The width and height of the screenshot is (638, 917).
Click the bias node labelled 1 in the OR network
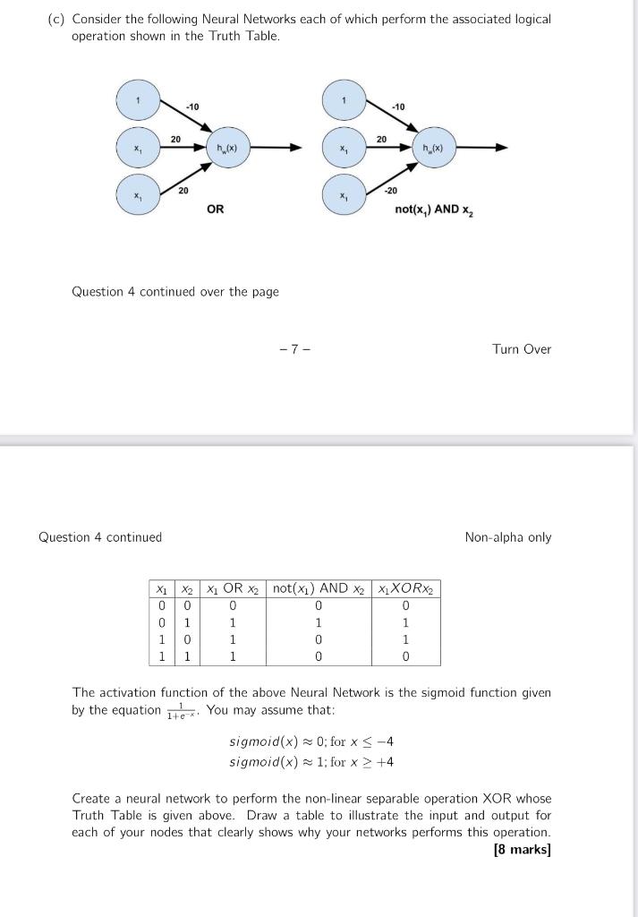click(138, 100)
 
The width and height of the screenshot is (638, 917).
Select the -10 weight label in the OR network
click(191, 107)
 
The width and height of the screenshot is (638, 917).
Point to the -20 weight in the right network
click(391, 191)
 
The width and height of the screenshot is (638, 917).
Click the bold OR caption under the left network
click(216, 210)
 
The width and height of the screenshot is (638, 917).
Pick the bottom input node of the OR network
click(138, 195)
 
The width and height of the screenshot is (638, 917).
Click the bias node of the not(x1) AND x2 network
click(344, 100)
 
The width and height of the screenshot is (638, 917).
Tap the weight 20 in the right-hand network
click(381, 139)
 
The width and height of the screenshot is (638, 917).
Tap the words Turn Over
click(522, 349)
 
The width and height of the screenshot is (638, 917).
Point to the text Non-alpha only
click(508, 537)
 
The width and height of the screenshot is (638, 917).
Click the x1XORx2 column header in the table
click(407, 588)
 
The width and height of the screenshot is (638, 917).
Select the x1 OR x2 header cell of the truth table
click(232, 588)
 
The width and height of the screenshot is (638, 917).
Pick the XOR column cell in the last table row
click(407, 656)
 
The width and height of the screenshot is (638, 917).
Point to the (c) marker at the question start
click(56, 19)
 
